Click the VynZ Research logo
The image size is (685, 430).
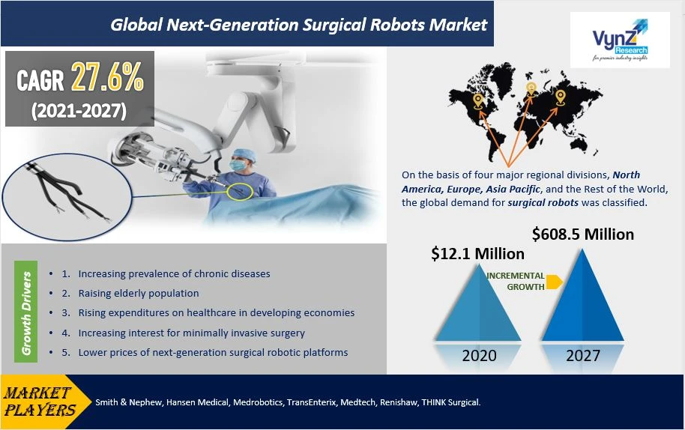pyautogui.click(x=620, y=40)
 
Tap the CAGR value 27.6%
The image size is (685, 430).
pyautogui.click(x=107, y=77)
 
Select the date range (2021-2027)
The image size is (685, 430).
pyautogui.click(x=79, y=110)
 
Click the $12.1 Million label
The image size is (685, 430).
pyautogui.click(x=477, y=254)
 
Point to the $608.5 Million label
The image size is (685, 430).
pyautogui.click(x=583, y=234)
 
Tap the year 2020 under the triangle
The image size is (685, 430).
pyautogui.click(x=479, y=356)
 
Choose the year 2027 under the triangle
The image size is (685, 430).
pyautogui.click(x=583, y=356)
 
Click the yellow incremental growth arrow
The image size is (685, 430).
pyautogui.click(x=554, y=282)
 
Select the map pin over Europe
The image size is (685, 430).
pyautogui.click(x=531, y=89)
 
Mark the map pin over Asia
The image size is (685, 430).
pyautogui.click(x=560, y=97)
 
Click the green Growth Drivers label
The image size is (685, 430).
pyautogui.click(x=25, y=312)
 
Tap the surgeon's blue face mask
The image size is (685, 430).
pyautogui.click(x=238, y=166)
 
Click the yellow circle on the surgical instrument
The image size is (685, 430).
pyautogui.click(x=239, y=192)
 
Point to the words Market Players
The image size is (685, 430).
pyautogui.click(x=39, y=402)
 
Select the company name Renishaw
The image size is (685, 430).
pyautogui.click(x=399, y=402)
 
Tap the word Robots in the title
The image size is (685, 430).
pyautogui.click(x=397, y=25)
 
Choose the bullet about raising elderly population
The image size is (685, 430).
pyautogui.click(x=139, y=294)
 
